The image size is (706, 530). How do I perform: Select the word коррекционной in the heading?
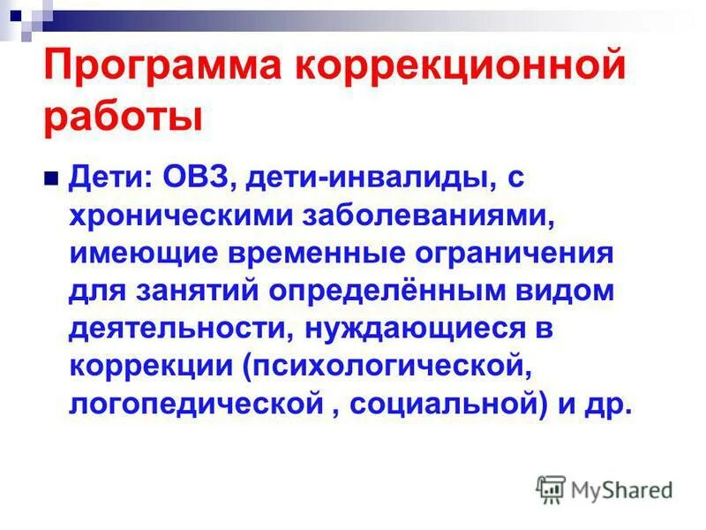coord(461,68)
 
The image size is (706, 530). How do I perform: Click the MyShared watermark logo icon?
coord(551,488)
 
